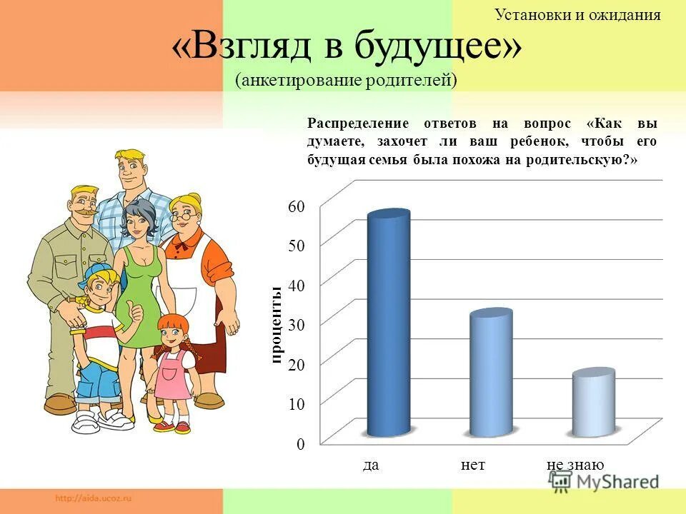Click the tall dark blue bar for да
coord(388,325)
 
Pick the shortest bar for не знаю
coord(593,403)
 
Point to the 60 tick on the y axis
coord(297,206)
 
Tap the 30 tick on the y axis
coord(297,325)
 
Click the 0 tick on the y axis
coord(301,444)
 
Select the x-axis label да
coord(370,465)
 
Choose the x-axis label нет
coord(473,465)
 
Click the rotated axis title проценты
coord(277,324)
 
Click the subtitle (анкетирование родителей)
coord(346,80)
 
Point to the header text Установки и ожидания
coord(577,14)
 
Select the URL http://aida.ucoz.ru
coord(92,497)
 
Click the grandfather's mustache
coord(84,211)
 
